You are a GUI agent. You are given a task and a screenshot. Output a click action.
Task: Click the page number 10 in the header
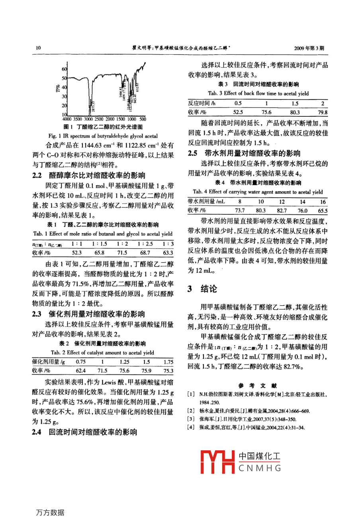coord(38,48)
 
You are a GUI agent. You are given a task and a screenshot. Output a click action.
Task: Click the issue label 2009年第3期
coord(309,48)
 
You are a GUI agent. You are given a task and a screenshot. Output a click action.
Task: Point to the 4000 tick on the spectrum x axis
coord(67,119)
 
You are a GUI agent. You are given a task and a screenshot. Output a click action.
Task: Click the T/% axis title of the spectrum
coord(58,88)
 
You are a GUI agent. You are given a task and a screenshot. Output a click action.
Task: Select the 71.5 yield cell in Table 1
coord(122,253)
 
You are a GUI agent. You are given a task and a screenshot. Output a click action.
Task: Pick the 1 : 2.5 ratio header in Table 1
coord(145,244)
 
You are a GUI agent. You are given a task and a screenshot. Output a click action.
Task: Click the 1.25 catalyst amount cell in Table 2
coord(125,362)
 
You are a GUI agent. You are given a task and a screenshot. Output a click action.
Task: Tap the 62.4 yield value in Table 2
coord(81,371)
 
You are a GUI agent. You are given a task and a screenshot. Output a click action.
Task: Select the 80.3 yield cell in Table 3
coord(295,112)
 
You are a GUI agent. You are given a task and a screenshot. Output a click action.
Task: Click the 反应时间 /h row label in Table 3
coord(202,103)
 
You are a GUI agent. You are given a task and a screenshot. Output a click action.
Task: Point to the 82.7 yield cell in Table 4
coord(282,211)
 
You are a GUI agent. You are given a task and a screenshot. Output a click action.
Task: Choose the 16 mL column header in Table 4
coord(323,202)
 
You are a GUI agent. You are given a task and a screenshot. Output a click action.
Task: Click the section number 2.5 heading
coord(193,153)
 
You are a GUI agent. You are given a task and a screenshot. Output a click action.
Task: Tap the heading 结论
coord(209,289)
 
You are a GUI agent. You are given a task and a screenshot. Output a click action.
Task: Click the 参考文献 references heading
coord(257,385)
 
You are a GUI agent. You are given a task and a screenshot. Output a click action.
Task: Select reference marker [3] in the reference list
coord(191,419)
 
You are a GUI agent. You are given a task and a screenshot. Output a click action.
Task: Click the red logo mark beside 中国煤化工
coord(217,462)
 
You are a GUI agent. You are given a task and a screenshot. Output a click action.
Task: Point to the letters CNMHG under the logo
coord(260,468)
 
